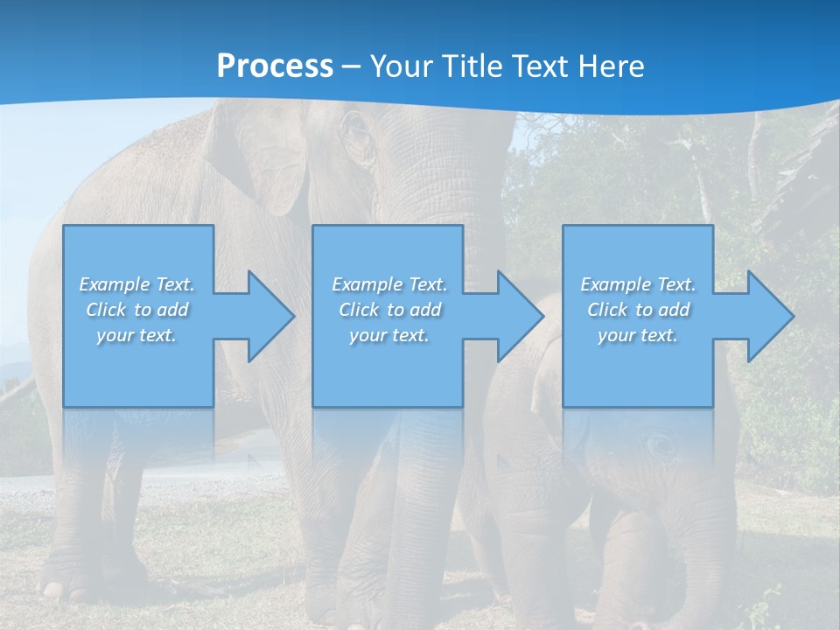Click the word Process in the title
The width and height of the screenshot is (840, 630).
pos(275,66)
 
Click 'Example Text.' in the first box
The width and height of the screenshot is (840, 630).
pos(136,284)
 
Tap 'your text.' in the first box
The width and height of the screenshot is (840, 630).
pos(136,335)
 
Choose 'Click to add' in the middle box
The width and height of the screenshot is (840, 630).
pos(389,310)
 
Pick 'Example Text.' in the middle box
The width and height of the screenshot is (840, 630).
pos(389,284)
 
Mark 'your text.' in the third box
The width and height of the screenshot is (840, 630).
pos(638,335)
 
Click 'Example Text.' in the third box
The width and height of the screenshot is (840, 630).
pos(638,284)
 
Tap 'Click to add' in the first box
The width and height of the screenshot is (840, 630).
pos(136,310)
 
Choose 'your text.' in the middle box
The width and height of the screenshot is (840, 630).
pos(389,335)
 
